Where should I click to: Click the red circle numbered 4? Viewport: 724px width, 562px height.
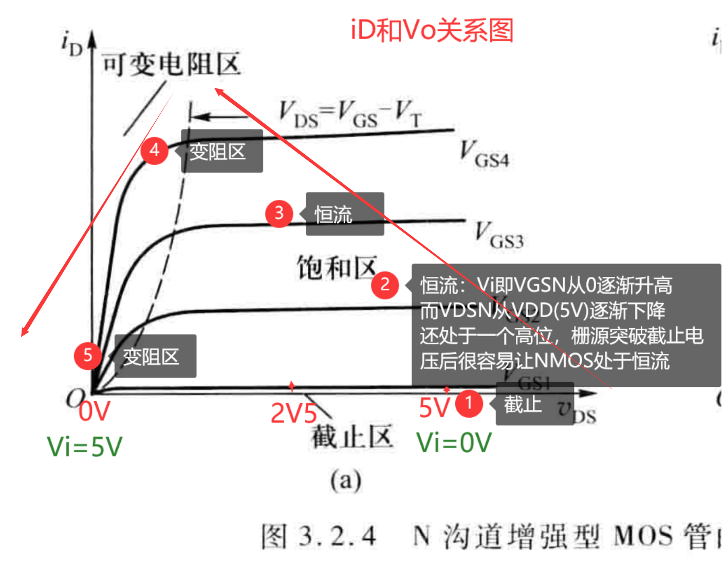coord(155,151)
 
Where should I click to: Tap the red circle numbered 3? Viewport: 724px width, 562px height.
coord(279,213)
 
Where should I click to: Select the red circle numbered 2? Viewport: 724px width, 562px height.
coord(385,285)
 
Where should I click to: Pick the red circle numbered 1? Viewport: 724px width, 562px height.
coord(469,403)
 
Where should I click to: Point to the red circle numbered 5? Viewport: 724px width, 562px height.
coord(88,355)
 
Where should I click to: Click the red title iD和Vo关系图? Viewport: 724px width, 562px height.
coord(432,30)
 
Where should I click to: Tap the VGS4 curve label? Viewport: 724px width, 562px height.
coord(484,154)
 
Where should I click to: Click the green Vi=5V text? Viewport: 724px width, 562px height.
coord(85,446)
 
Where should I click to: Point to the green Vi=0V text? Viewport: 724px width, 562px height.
coord(454,443)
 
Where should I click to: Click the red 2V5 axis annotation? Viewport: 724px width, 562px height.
coord(293,413)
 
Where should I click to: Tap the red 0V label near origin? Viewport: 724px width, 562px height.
coord(95,411)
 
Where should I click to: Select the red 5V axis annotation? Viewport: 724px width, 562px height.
coord(434,408)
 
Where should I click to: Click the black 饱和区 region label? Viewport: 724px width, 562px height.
coord(337,268)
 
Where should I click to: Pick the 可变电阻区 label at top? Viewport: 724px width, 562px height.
coord(171,65)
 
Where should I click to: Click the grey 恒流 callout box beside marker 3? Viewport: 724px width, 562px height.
coord(345,214)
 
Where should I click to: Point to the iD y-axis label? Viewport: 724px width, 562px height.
coord(71,43)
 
